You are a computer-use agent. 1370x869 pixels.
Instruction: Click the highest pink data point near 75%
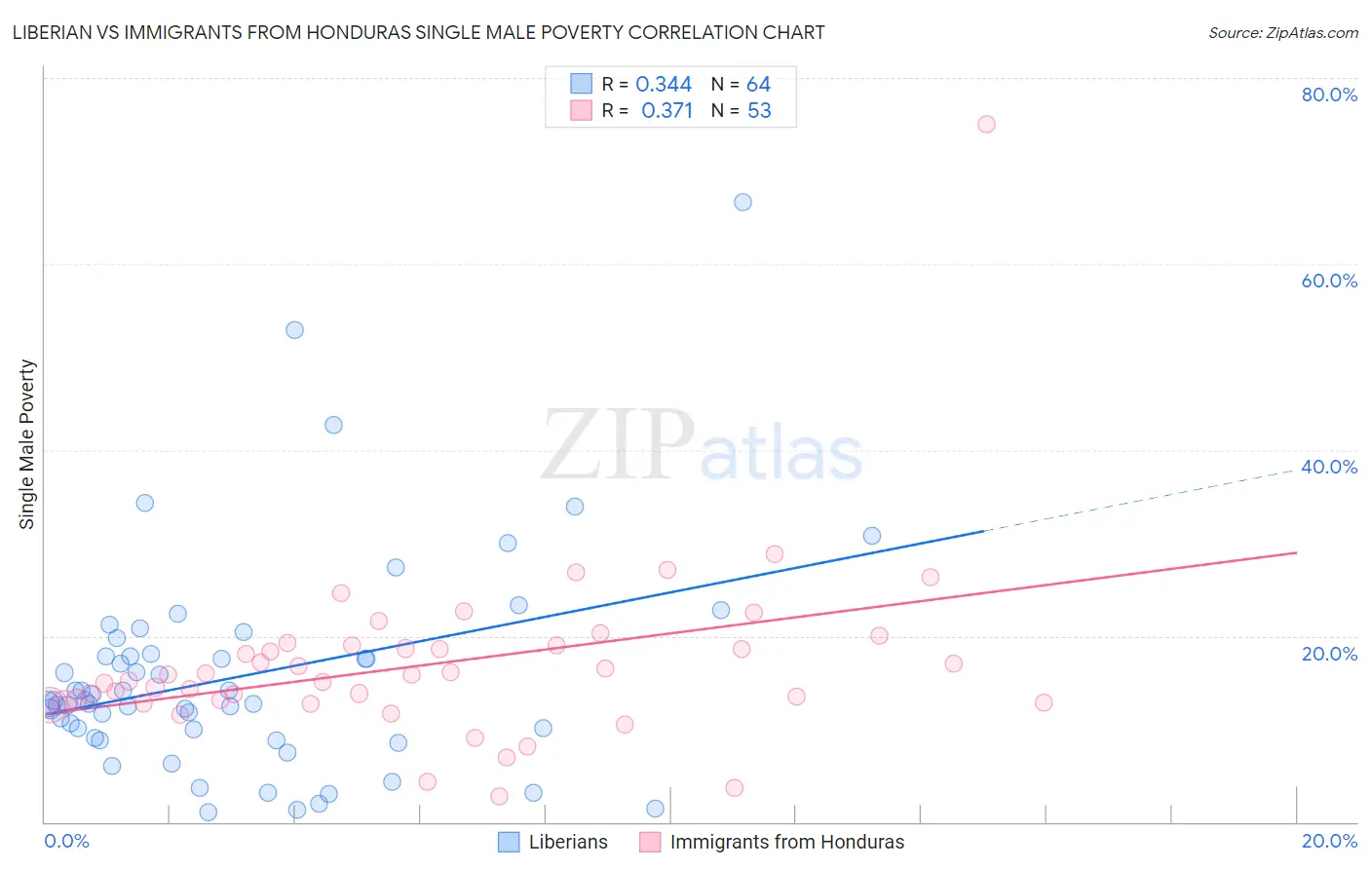pos(986,124)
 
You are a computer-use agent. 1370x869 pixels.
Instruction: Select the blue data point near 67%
pos(742,203)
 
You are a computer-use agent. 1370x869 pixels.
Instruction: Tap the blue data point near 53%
pos(294,330)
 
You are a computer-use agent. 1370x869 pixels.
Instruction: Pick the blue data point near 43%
pos(333,425)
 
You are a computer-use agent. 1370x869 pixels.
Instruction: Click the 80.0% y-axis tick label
pos(1329,94)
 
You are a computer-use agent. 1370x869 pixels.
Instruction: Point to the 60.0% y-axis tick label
pos(1329,281)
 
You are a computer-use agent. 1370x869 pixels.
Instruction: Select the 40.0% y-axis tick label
pos(1329,467)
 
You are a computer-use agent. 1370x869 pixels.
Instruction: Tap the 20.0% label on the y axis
pos(1329,654)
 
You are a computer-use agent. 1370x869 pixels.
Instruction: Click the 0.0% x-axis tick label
pos(66,842)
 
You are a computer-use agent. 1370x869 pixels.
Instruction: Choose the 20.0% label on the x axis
pos(1329,842)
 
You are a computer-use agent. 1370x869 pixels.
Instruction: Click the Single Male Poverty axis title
pos(27,444)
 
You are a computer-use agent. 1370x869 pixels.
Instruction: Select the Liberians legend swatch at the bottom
pos(509,842)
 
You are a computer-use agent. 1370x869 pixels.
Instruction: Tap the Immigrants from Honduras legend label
pos(786,842)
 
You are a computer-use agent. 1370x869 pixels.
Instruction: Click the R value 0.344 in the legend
pos(664,85)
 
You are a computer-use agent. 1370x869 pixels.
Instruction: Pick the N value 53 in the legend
pos(759,111)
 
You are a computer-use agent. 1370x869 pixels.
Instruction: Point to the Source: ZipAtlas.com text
pos(1282,33)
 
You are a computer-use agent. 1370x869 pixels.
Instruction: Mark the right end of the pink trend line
pos(1296,552)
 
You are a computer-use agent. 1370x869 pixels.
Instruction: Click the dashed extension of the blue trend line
pos(1140,500)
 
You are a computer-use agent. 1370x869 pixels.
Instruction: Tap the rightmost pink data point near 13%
pos(1044,702)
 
